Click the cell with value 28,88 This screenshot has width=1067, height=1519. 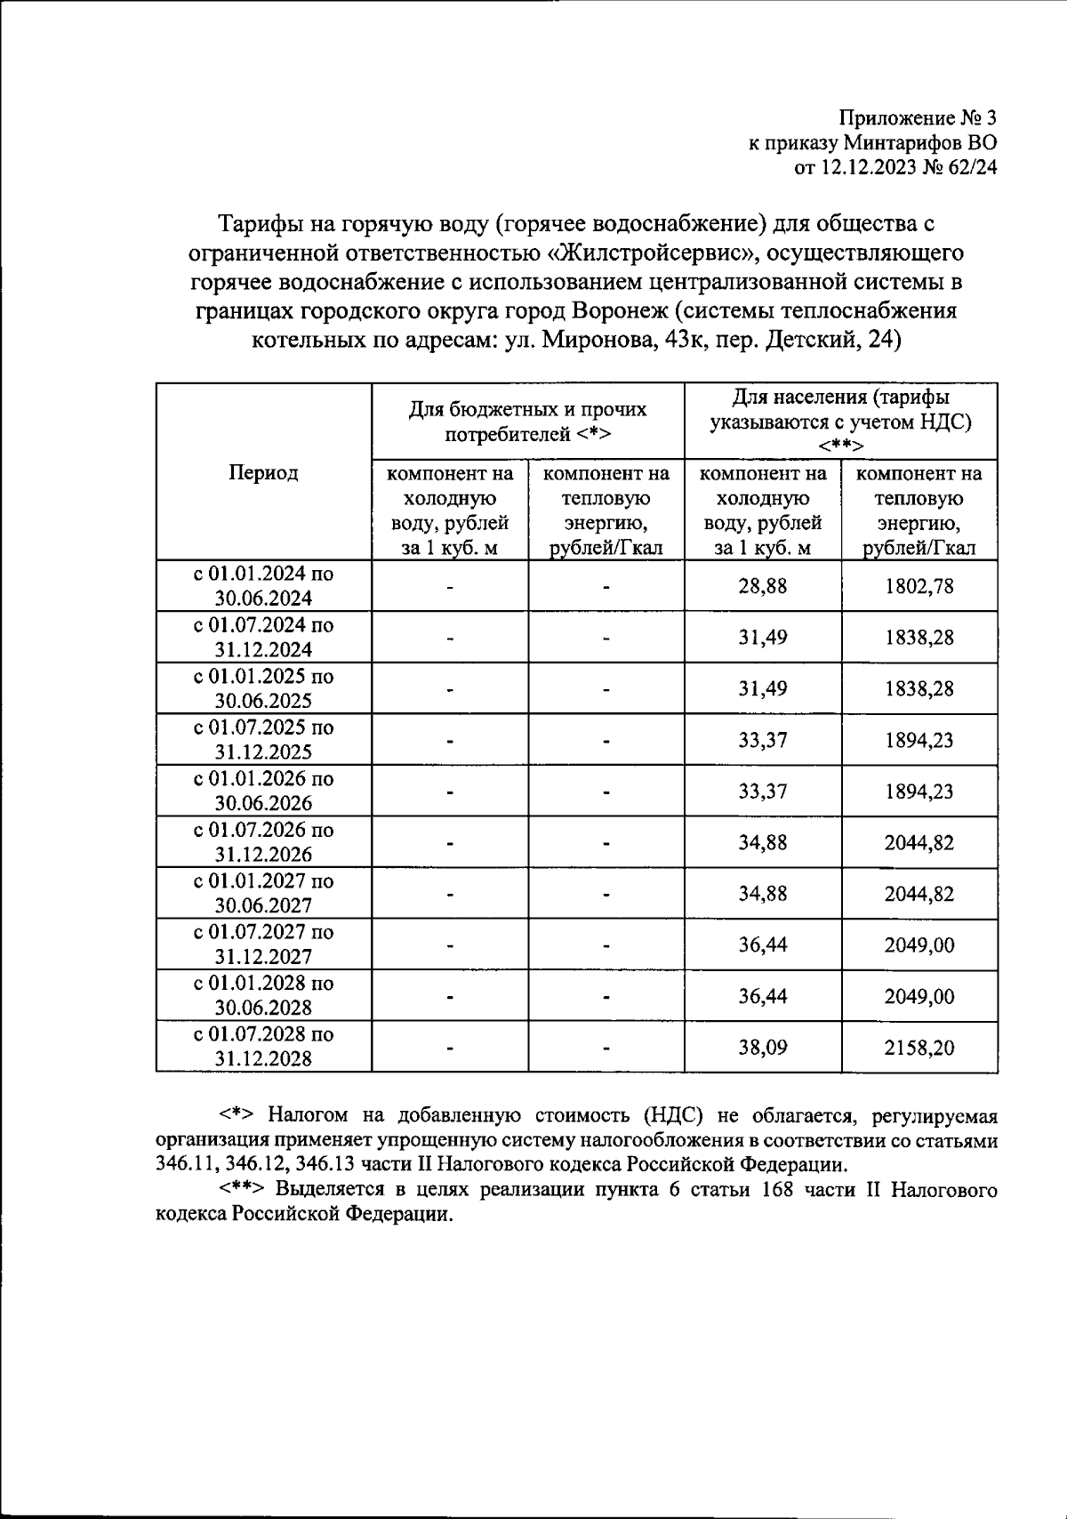(x=762, y=586)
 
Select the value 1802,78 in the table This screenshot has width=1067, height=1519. (x=919, y=586)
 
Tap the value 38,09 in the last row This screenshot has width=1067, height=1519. (x=762, y=1047)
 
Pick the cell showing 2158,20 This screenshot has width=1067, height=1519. (x=919, y=1047)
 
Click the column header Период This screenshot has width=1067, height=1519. (x=263, y=472)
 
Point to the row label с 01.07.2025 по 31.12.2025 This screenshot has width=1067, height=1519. (x=263, y=739)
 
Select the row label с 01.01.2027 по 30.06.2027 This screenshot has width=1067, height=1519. (x=263, y=893)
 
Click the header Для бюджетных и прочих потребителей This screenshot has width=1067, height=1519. (x=527, y=422)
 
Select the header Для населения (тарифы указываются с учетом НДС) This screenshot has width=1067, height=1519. (x=840, y=421)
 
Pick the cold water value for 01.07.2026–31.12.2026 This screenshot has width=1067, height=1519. (x=762, y=842)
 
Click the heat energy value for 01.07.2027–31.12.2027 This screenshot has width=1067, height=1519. (x=919, y=944)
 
